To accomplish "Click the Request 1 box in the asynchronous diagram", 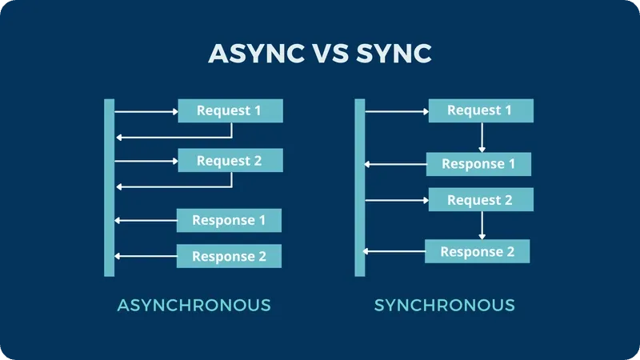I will coord(230,110).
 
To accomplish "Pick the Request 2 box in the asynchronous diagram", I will coord(230,161).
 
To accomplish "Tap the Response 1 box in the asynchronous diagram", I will coord(229,220).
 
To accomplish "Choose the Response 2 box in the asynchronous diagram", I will coord(229,256).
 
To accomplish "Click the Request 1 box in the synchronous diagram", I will coord(480,110).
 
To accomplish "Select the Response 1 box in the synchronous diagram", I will coord(478,164).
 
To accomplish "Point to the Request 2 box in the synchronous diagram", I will coord(480,200).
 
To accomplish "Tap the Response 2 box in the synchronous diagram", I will coord(478,251).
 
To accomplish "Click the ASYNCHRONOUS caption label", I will coord(194,305).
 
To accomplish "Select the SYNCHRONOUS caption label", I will coord(445,305).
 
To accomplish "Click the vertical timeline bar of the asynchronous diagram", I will coord(110,188).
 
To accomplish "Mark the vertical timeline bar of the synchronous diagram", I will coord(360,188).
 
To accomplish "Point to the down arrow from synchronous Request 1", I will coord(482,137).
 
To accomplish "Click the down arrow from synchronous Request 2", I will coord(482,226).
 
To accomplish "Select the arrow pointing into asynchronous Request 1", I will coord(146,111).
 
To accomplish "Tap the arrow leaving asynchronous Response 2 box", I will coord(146,256).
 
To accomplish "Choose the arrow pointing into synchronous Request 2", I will coord(397,200).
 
